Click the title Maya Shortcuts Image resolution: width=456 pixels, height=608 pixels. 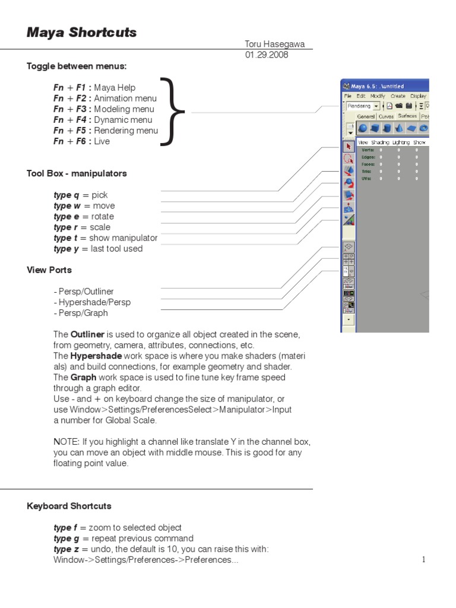click(x=81, y=33)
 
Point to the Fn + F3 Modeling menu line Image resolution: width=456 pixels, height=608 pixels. click(x=104, y=109)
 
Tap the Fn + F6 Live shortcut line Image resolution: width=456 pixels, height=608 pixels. click(x=82, y=141)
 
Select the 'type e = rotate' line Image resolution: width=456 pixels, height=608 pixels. click(x=84, y=217)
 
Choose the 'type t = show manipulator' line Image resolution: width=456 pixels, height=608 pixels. click(x=106, y=238)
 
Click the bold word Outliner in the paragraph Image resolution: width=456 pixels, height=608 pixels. click(x=88, y=334)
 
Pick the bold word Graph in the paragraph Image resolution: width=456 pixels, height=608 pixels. click(x=83, y=377)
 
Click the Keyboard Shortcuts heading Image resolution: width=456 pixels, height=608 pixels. click(x=69, y=506)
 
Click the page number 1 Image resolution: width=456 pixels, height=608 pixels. click(x=424, y=559)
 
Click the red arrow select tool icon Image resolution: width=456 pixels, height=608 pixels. click(x=349, y=146)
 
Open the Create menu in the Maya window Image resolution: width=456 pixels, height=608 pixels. click(x=398, y=96)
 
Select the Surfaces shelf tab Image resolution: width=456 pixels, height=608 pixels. click(x=407, y=116)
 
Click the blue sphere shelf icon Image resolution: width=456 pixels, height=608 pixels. click(x=362, y=128)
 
